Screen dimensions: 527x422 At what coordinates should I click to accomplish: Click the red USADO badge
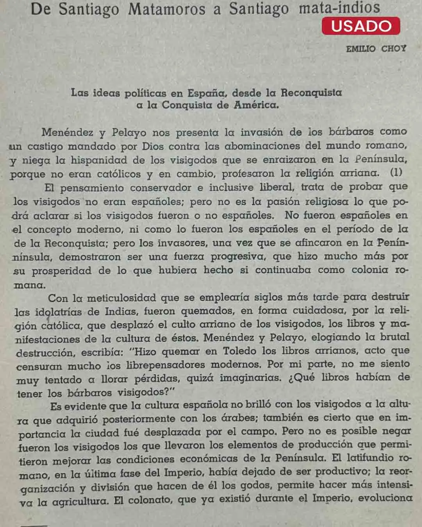pos(361,26)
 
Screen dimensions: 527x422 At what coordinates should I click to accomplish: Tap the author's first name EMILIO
pos(361,49)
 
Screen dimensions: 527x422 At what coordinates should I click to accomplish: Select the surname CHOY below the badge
pos(393,49)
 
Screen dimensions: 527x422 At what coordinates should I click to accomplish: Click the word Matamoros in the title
pos(167,9)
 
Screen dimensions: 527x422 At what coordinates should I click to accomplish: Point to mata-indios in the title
pos(339,8)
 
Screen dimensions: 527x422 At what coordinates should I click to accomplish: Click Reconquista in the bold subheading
pos(311,93)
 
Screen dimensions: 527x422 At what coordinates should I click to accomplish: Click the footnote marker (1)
pos(396,173)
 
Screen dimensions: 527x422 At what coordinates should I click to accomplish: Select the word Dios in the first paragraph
pos(153,146)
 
